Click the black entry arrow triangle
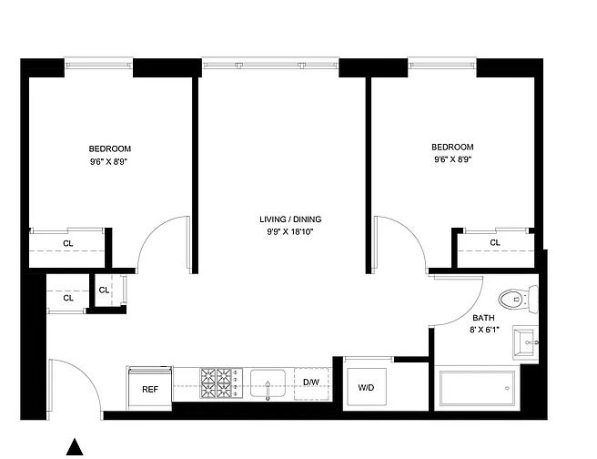point(75,447)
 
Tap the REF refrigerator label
point(150,389)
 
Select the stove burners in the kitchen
point(217,383)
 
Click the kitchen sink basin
point(268,383)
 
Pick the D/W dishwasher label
point(311,382)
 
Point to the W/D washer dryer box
point(366,387)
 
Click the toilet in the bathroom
point(518,300)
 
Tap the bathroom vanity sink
point(525,342)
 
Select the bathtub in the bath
point(478,389)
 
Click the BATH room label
point(483,318)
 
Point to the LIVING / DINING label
point(290,219)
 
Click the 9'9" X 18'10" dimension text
point(290,231)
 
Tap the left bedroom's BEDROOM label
point(109,149)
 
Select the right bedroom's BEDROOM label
point(452,147)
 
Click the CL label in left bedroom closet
point(68,244)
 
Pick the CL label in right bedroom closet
point(495,242)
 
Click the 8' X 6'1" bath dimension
point(484,330)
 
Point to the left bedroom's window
point(98,64)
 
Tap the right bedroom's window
point(442,64)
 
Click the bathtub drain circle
point(507,389)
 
